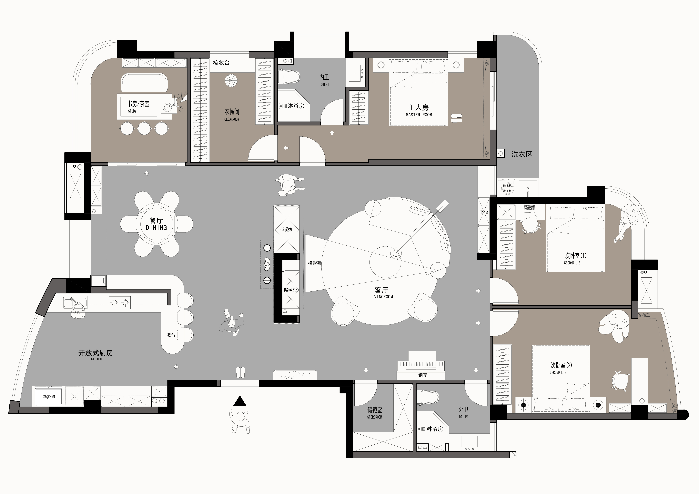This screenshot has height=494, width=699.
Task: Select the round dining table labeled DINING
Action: point(157,224)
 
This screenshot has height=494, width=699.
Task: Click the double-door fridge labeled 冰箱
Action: point(49,396)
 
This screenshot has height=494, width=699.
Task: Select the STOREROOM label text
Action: point(374,417)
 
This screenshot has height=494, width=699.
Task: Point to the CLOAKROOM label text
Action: point(232,119)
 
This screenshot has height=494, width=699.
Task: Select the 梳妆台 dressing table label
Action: point(221,63)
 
